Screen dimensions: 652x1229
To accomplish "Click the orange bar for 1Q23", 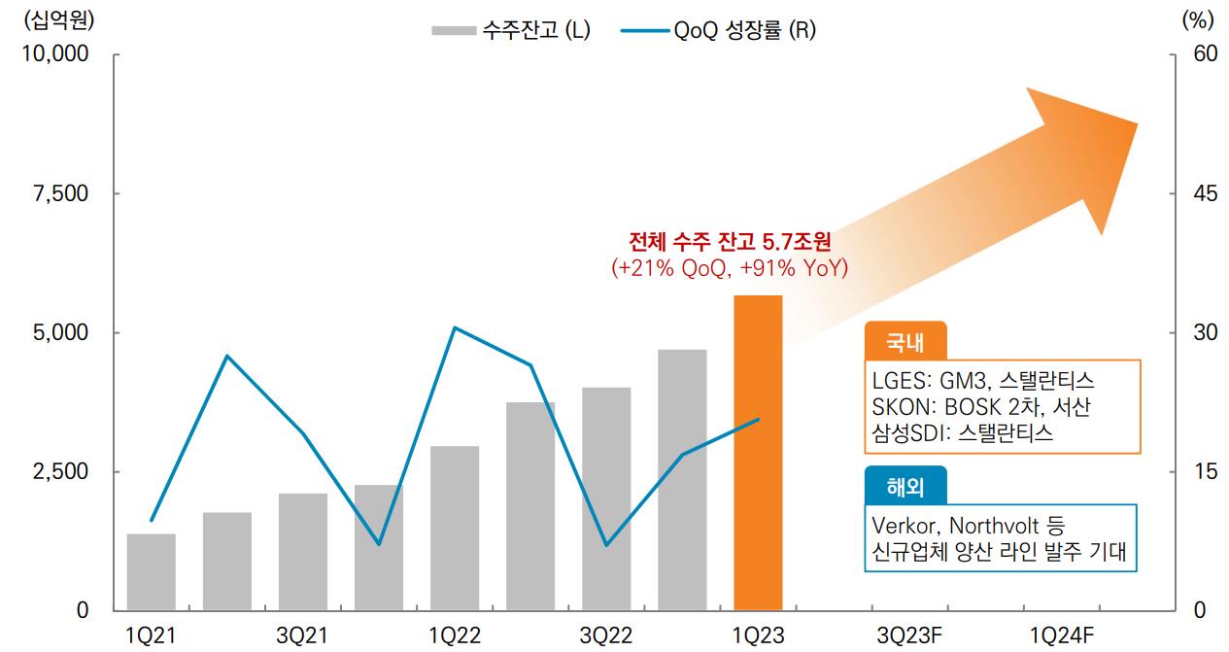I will pyautogui.click(x=758, y=453).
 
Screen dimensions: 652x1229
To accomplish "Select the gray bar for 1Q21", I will pyautogui.click(x=152, y=571).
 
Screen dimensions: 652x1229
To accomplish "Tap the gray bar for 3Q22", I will pyautogui.click(x=606, y=498).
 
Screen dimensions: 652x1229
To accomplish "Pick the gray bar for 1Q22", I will pyautogui.click(x=455, y=528).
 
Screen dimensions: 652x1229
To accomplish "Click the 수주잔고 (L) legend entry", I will pyautogui.click(x=511, y=30).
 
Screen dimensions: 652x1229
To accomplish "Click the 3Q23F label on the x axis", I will pyautogui.click(x=909, y=635).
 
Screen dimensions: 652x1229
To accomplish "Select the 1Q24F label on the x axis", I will pyautogui.click(x=1062, y=635).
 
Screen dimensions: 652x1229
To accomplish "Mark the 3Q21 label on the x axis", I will pyautogui.click(x=302, y=635).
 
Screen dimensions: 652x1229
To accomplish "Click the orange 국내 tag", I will pyautogui.click(x=904, y=342).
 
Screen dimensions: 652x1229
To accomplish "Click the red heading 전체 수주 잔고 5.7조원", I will pyautogui.click(x=730, y=242).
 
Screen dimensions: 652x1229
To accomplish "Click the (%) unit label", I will pyautogui.click(x=1196, y=18).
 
